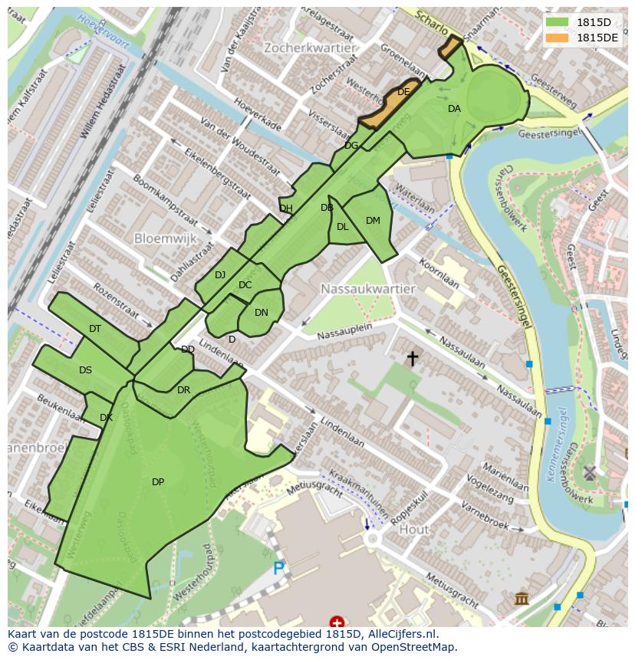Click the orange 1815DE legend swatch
[x=558, y=38]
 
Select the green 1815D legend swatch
[x=558, y=22]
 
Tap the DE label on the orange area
[x=403, y=92]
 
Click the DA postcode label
[x=454, y=109]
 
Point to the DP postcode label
[x=158, y=482]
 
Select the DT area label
[x=95, y=329]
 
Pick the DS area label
[x=85, y=370]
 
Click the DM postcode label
[x=373, y=221]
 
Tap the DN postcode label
[x=262, y=313]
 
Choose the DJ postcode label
[x=220, y=275]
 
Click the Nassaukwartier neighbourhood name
[x=368, y=289]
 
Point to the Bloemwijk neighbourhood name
[x=166, y=238]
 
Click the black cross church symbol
[x=413, y=357]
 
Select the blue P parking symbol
[x=279, y=569]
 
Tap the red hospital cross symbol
[x=336, y=622]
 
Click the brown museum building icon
[x=522, y=597]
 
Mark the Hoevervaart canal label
[x=105, y=29]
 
